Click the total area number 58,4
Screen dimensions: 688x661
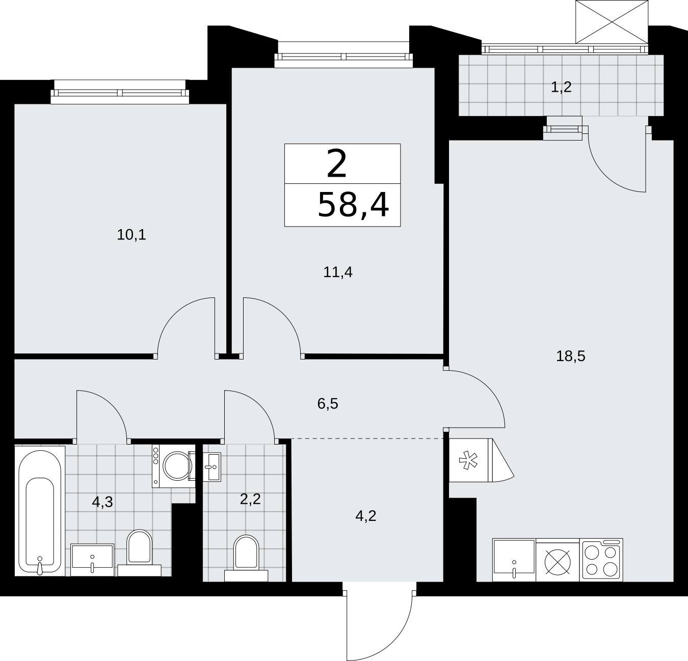pyautogui.click(x=353, y=205)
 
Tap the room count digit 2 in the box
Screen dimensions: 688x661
pyautogui.click(x=337, y=164)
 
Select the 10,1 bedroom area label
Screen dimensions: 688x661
pyautogui.click(x=131, y=235)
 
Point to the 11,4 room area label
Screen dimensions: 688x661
pyautogui.click(x=338, y=272)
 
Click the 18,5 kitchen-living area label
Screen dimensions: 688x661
pyautogui.click(x=571, y=356)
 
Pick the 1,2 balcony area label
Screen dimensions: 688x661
pyautogui.click(x=561, y=87)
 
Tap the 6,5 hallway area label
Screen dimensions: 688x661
pyautogui.click(x=328, y=403)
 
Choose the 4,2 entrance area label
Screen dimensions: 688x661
pyautogui.click(x=365, y=516)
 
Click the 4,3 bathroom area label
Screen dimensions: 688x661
pyautogui.click(x=102, y=502)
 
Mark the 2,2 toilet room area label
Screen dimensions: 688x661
pyautogui.click(x=250, y=499)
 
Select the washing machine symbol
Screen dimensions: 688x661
pyautogui.click(x=174, y=466)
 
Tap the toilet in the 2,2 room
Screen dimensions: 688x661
pyautogui.click(x=246, y=559)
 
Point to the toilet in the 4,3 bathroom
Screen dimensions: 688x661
pyautogui.click(x=139, y=553)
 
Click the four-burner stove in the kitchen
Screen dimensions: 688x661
pyautogui.click(x=601, y=560)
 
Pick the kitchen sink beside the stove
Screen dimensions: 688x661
pyautogui.click(x=514, y=560)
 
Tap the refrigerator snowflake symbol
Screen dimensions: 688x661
pyautogui.click(x=468, y=460)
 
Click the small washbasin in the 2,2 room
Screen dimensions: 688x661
pyautogui.click(x=212, y=467)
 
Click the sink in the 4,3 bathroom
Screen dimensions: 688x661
pyautogui.click(x=92, y=560)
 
